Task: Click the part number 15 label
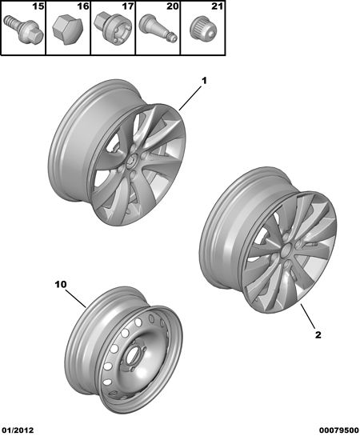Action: point(38,6)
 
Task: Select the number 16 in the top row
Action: point(83,6)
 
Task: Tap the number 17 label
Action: point(128,6)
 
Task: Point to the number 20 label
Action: point(172,6)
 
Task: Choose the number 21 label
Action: point(217,6)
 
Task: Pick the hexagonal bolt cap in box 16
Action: point(66,30)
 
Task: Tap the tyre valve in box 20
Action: point(158,28)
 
